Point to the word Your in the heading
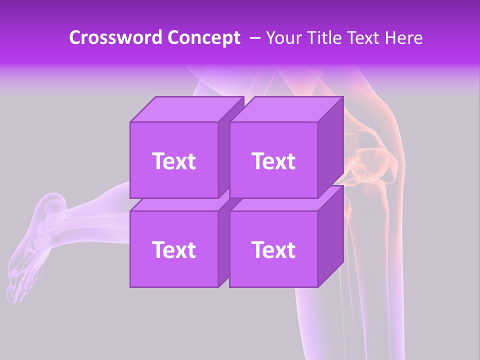coord(283,38)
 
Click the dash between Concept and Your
coord(254,38)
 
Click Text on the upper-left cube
coord(173,161)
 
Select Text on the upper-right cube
coord(273,161)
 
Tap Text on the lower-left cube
coord(173,249)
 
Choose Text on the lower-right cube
coord(273,249)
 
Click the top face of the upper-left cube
coord(186,109)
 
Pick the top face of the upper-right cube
coord(286,109)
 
